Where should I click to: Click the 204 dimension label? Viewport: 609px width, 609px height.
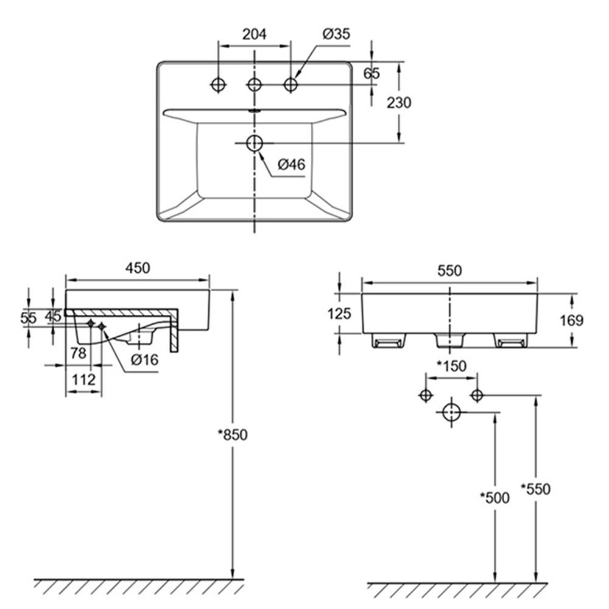click(x=255, y=35)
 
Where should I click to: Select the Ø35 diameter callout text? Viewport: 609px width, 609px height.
click(x=336, y=35)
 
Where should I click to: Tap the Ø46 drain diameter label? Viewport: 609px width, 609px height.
click(x=291, y=164)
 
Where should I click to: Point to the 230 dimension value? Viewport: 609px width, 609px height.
click(x=399, y=102)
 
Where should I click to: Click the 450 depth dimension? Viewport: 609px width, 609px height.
click(x=138, y=268)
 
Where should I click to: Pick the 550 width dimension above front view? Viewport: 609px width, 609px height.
click(x=449, y=271)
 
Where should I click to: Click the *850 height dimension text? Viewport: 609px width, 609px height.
click(x=234, y=435)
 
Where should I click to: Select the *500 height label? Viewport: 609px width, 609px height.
click(x=495, y=498)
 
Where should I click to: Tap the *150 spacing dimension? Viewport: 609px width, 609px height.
click(x=451, y=366)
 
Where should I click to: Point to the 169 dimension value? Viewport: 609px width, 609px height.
click(x=571, y=320)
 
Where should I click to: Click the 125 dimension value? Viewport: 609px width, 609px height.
click(x=339, y=314)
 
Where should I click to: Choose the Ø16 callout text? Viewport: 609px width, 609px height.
click(x=145, y=360)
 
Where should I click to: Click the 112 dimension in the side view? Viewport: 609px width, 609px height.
click(x=83, y=379)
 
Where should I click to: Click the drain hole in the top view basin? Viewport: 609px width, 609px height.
click(x=254, y=143)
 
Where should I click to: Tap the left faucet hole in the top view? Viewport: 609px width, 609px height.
click(x=217, y=84)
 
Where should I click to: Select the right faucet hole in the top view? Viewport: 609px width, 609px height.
click(x=290, y=84)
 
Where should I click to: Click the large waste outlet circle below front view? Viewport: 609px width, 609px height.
click(x=451, y=412)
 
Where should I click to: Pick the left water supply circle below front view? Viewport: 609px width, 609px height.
click(x=426, y=395)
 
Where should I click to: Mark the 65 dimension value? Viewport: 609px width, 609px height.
click(x=371, y=74)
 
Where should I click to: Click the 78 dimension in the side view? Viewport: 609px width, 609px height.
click(x=78, y=353)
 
